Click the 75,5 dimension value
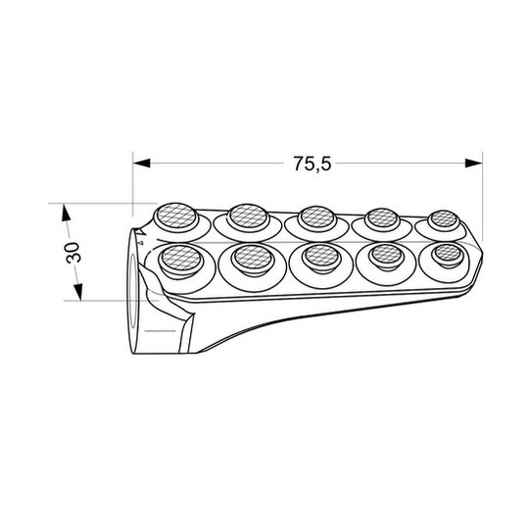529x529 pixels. (313, 164)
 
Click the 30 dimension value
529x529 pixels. (73, 253)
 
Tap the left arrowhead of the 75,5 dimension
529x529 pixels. (142, 163)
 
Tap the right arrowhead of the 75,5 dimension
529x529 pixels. (474, 163)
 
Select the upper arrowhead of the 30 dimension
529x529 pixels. (66, 213)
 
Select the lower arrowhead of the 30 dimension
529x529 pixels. (78, 292)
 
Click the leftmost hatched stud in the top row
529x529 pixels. (176, 216)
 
